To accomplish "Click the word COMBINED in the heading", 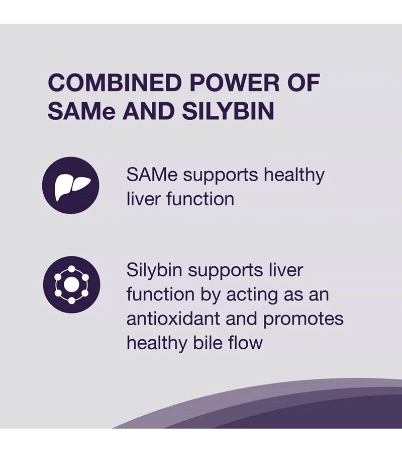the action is [x=115, y=83].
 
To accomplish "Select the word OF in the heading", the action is [x=304, y=83].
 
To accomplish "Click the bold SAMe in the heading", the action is [x=81, y=111].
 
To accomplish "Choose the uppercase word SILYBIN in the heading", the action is [x=228, y=111].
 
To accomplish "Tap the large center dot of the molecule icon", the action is [x=71, y=285].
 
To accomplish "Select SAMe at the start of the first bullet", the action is [x=152, y=175].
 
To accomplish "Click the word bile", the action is [x=208, y=343].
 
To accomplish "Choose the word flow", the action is [x=245, y=343].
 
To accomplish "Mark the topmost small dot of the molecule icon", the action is [x=71, y=269].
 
